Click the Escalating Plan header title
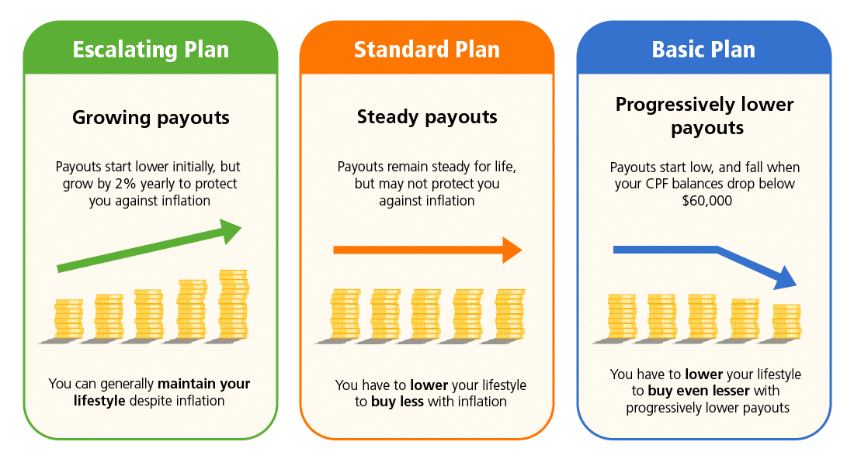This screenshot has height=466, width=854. (151, 50)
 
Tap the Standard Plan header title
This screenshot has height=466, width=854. (427, 50)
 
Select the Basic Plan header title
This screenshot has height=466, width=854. (703, 50)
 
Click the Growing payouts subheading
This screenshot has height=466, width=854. (151, 118)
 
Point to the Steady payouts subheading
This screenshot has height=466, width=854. (427, 118)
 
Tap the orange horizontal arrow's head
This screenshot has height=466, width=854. (511, 250)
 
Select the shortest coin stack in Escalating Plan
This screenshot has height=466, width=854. (68, 319)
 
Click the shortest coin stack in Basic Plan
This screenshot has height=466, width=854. (786, 322)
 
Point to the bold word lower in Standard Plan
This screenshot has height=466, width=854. (429, 385)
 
